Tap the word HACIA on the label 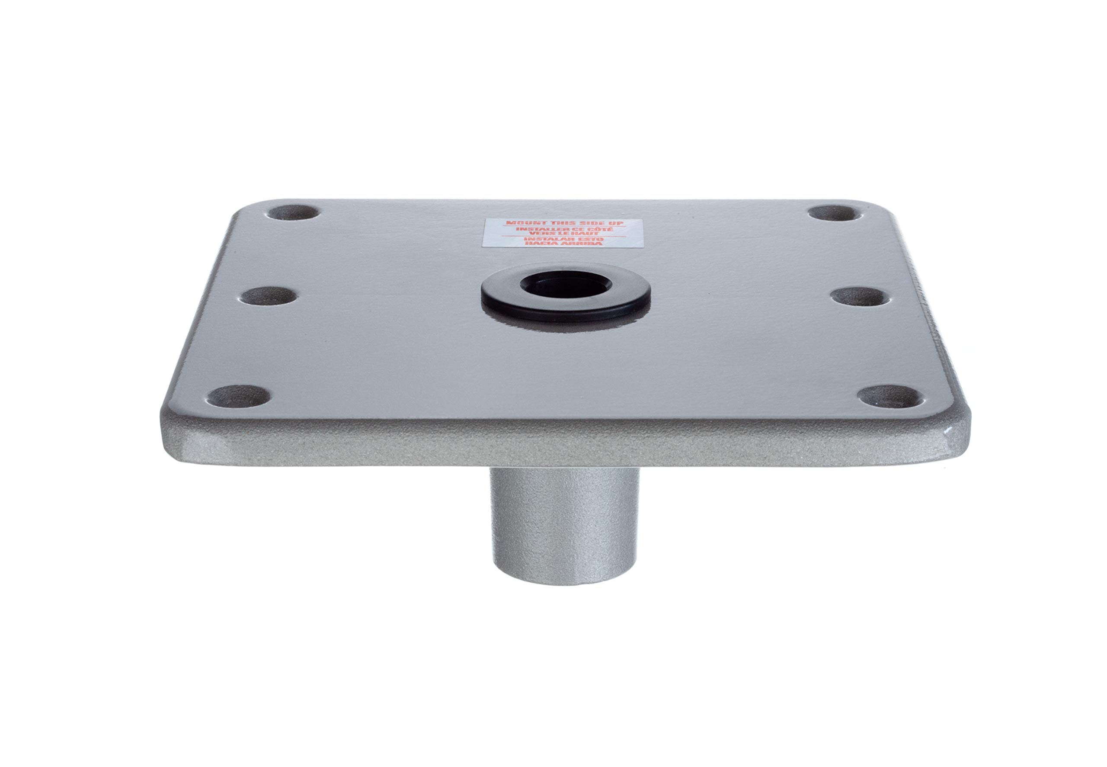point(542,244)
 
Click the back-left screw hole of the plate point(294,212)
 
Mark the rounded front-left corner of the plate point(170,428)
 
